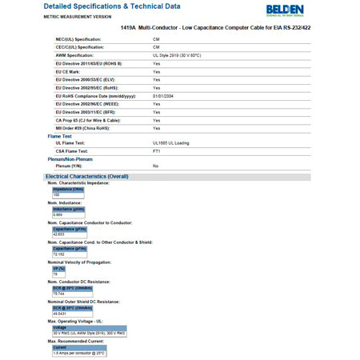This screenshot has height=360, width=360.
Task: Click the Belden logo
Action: point(327,10)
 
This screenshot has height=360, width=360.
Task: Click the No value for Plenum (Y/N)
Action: point(155,166)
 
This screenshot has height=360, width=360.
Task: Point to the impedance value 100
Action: point(56,194)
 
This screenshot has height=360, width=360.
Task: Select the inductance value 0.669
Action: point(58,214)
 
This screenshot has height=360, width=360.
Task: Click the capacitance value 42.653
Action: point(58,234)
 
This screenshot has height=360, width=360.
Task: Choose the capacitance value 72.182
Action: point(58,254)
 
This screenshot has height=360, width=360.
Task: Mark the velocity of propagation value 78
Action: point(54,274)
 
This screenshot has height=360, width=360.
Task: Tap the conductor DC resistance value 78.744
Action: point(58,294)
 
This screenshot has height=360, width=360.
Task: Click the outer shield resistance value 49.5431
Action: point(60,314)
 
